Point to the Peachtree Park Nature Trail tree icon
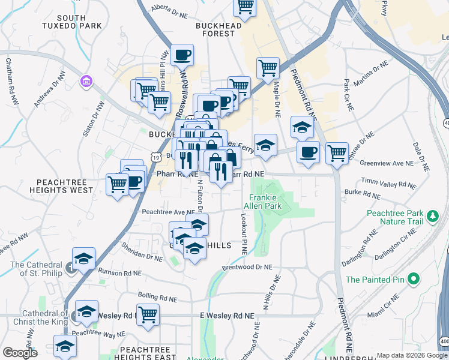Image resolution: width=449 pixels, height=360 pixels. (431, 216)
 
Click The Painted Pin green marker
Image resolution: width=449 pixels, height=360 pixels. (412, 279)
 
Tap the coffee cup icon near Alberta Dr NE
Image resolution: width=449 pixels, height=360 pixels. (182, 56)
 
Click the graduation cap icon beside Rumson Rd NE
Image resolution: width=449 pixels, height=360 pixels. (84, 259)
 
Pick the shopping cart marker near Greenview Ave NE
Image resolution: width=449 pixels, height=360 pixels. (337, 152)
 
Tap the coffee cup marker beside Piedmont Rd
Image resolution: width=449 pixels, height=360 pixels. (308, 152)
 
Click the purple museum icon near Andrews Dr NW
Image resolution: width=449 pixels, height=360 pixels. (87, 81)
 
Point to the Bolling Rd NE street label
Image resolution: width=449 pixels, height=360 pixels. (157, 298)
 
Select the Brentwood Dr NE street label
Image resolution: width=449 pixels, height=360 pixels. (247, 267)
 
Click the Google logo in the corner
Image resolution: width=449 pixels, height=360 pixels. (20, 353)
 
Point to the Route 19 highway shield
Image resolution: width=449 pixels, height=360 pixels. (155, 156)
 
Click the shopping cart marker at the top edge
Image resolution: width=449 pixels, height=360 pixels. (245, 7)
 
